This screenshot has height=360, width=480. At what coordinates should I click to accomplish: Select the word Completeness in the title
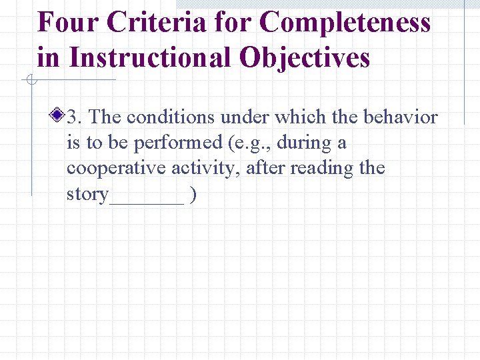pos(345,23)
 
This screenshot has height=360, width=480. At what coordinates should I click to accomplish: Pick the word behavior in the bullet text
pos(400,117)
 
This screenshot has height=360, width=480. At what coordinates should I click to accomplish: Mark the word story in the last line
pos(87,194)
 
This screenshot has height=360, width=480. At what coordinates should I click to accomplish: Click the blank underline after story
pos(147,200)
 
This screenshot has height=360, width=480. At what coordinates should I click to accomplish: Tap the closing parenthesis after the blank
pos(193,194)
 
